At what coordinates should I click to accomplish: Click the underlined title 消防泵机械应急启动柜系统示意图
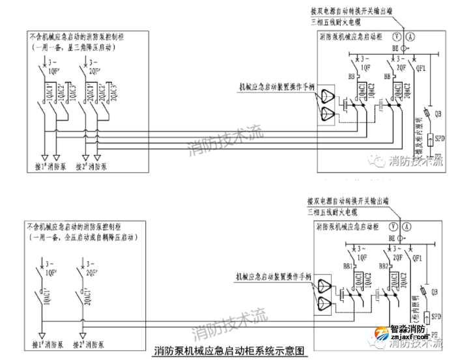[x=229, y=351]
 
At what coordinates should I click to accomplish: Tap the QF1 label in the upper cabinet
[x=421, y=68]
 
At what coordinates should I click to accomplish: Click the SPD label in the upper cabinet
[x=440, y=139]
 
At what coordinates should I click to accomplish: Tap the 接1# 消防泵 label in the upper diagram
[x=50, y=166]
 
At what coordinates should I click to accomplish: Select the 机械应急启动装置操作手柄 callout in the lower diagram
[x=276, y=277]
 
